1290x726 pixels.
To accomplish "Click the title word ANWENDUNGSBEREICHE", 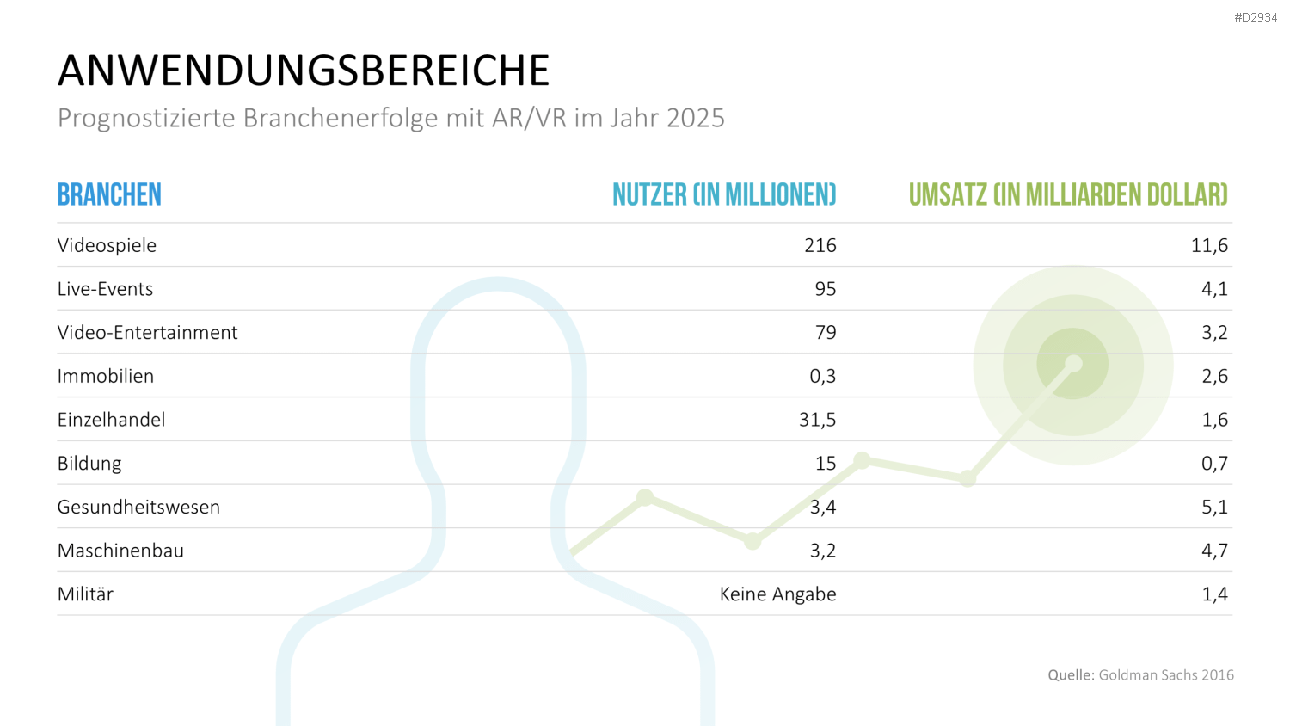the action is pyautogui.click(x=304, y=71).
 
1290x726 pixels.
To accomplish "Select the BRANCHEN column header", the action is pyautogui.click(x=109, y=194).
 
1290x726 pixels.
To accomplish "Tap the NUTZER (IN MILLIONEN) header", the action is pyautogui.click(x=724, y=194).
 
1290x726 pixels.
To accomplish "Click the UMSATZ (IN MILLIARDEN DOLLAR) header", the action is pyautogui.click(x=1068, y=194).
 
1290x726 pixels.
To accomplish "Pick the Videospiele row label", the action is pyautogui.click(x=107, y=245).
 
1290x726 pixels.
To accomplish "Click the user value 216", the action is pyautogui.click(x=820, y=245).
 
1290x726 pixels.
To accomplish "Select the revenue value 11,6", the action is pyautogui.click(x=1209, y=246).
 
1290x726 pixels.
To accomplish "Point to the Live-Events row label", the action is pyautogui.click(x=106, y=289).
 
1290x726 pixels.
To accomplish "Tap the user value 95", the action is pyautogui.click(x=826, y=289).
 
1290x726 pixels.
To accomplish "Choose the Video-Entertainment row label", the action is pyautogui.click(x=147, y=332).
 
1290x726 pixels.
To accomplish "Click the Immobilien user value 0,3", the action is pyautogui.click(x=822, y=377).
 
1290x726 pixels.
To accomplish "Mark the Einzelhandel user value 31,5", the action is pyautogui.click(x=817, y=420).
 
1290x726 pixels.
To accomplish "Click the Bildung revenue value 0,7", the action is pyautogui.click(x=1214, y=464).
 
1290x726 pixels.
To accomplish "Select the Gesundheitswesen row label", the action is pyautogui.click(x=138, y=507).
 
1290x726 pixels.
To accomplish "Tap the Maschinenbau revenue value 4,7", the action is pyautogui.click(x=1214, y=551).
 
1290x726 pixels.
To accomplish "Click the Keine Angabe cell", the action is pyautogui.click(x=778, y=594).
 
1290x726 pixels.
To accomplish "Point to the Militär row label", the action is pyautogui.click(x=85, y=594).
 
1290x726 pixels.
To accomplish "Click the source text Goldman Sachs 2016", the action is pyautogui.click(x=1166, y=674).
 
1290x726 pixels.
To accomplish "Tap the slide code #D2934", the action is pyautogui.click(x=1256, y=17).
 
